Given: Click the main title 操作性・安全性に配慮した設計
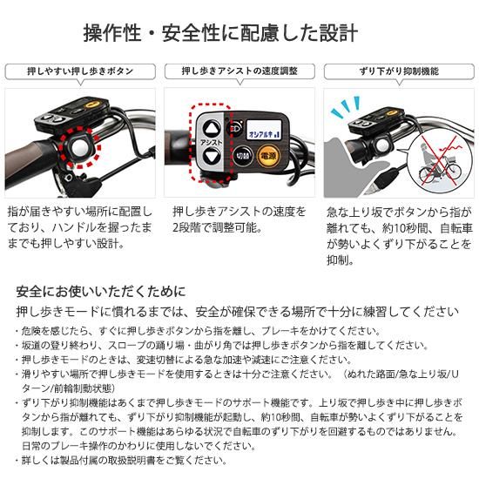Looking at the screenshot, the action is (x=220, y=33).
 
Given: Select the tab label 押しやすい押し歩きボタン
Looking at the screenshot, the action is (x=80, y=71).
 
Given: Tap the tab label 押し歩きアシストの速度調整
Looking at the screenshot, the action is (x=239, y=71).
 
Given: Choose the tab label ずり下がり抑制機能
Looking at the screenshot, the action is (x=399, y=71).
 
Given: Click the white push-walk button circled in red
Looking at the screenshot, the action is (x=80, y=148).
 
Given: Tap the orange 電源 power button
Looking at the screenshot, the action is (x=268, y=156).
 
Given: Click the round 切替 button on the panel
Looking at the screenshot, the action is (x=243, y=156).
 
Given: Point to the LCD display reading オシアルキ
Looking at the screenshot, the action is (x=264, y=131).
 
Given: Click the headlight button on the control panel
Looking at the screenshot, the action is (x=234, y=128).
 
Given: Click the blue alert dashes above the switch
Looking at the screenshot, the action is (x=345, y=107).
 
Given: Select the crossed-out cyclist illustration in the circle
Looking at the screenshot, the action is (x=440, y=162).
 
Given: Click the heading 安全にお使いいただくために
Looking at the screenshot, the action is (x=101, y=292).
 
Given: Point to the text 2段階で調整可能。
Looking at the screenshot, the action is (x=217, y=227).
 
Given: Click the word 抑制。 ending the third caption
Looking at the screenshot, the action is (x=341, y=260).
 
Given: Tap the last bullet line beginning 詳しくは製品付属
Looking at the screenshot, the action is (x=121, y=460).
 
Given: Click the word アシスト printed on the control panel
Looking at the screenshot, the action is (x=212, y=142).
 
